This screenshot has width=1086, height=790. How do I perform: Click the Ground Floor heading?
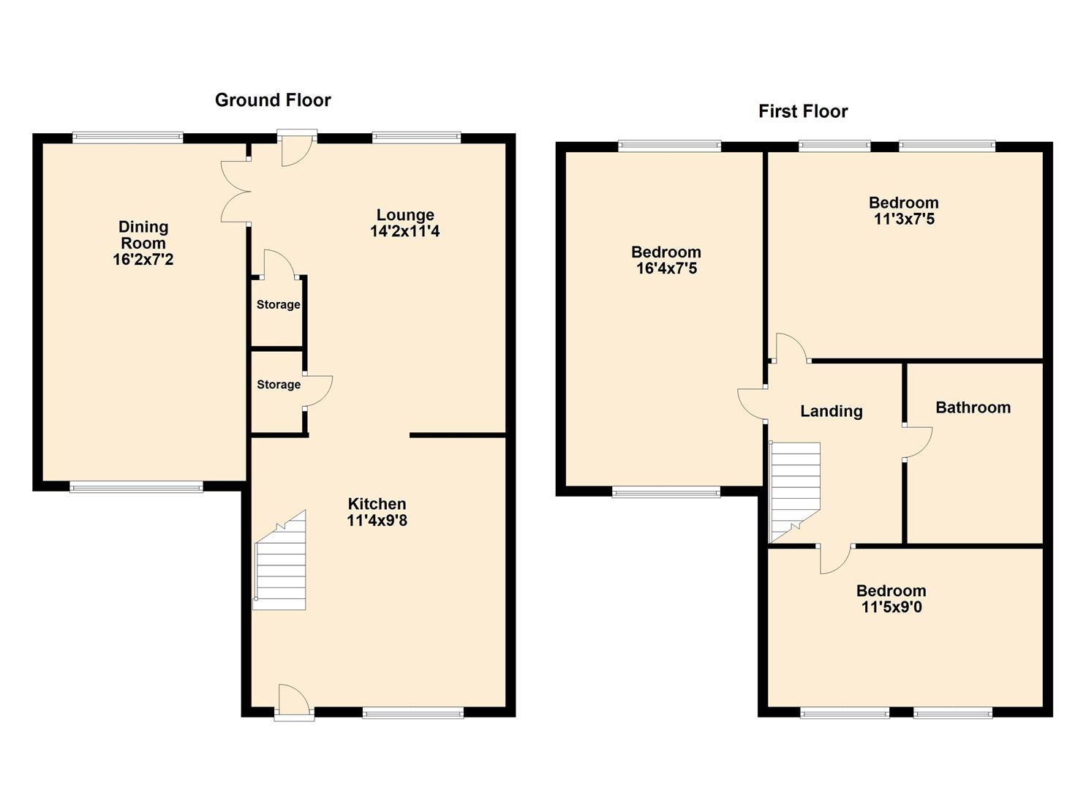[273, 100]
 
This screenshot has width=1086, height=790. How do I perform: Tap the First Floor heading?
[803, 111]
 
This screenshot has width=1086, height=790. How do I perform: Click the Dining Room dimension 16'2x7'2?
[143, 260]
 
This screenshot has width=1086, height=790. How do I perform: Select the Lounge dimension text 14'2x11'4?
[405, 231]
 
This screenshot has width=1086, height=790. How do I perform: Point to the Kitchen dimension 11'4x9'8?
[377, 521]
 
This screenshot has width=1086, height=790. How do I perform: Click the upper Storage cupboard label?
[279, 304]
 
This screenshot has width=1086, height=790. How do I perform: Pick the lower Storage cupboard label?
[279, 385]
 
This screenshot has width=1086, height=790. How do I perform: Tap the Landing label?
[832, 411]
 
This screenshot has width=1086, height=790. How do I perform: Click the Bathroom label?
[973, 407]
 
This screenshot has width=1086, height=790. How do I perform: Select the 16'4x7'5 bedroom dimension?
[666, 268]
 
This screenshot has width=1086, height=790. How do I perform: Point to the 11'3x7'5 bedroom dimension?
[904, 219]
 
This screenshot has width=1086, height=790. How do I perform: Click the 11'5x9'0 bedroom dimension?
[891, 606]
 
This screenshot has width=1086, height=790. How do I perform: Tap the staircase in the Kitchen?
[280, 560]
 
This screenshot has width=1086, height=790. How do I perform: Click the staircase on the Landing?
[795, 492]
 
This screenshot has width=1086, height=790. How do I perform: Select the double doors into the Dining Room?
[236, 192]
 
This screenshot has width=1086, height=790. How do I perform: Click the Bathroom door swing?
[917, 443]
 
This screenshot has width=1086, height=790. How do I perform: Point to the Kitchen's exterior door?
[294, 701]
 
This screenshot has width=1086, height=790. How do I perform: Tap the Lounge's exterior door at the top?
[296, 148]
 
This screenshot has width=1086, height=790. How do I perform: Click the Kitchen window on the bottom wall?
[413, 713]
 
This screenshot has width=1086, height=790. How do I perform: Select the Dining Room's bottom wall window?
[136, 486]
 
